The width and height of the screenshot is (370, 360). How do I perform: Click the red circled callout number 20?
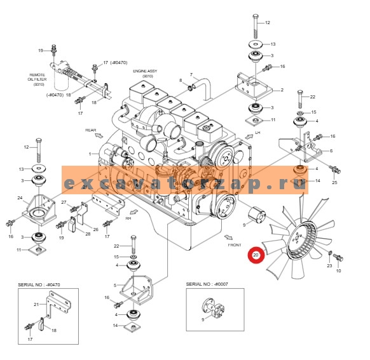point(256,256)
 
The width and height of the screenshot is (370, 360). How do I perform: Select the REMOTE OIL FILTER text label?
point(37,79)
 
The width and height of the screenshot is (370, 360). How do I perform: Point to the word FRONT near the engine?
point(234,244)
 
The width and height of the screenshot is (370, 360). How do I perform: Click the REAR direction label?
point(90,130)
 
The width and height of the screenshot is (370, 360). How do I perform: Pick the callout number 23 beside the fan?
point(329,266)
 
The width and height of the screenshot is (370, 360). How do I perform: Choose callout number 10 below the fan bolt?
point(338,271)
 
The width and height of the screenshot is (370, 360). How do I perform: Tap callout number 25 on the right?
point(334,182)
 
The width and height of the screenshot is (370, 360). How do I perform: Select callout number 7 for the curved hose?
point(190,75)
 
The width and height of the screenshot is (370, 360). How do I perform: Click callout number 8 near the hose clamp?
point(180,81)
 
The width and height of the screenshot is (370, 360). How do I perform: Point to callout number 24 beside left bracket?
point(20,198)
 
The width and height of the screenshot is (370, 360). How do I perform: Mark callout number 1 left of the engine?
point(90,154)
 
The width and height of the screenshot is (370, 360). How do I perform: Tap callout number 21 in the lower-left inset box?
point(36,304)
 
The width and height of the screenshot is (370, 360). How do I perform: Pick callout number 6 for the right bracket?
point(331,150)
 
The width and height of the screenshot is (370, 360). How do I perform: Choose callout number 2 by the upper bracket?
point(282,90)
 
